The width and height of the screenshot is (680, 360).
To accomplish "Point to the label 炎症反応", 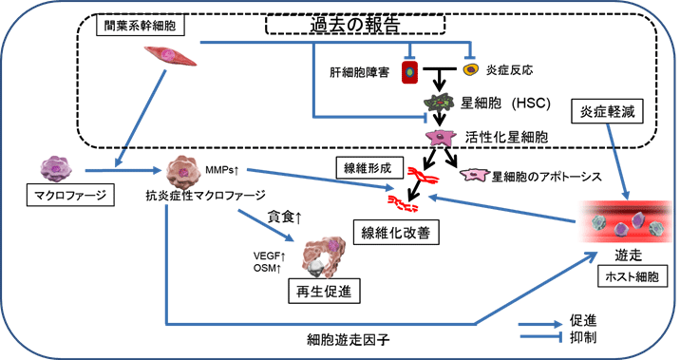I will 508,69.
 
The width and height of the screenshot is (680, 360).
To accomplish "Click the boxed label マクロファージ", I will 64,196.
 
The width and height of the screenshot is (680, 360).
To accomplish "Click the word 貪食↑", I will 285,218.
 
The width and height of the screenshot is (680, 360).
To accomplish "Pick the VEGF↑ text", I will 270,255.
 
